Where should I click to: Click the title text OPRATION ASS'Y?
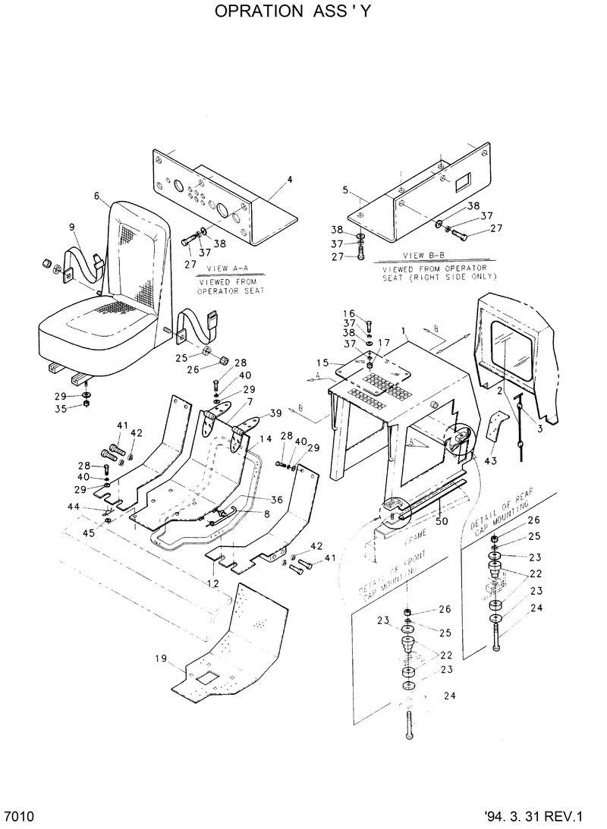[x=294, y=12]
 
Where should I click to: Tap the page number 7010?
[x=19, y=817]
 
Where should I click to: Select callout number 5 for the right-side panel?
[x=344, y=189]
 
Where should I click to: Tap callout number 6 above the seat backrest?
[x=96, y=196]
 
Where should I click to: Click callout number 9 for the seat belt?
[x=72, y=226]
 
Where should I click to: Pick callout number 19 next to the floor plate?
[x=161, y=659]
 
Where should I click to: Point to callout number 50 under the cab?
[x=441, y=522]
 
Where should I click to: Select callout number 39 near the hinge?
[x=275, y=413]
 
